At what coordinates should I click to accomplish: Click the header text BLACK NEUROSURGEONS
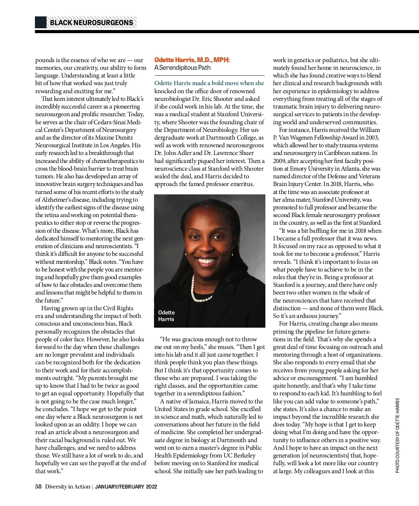point(91,23)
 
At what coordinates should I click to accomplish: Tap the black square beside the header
point(41,22)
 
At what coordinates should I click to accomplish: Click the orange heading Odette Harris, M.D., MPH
point(192,60)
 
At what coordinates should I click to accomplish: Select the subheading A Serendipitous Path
point(182,67)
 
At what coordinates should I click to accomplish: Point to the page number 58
point(38,486)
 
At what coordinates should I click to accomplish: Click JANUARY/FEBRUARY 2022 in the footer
point(126,487)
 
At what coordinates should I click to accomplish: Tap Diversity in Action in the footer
point(67,486)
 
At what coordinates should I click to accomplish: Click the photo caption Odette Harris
point(166,316)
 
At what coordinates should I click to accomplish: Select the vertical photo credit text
point(397,436)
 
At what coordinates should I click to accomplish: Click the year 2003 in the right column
point(372,137)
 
